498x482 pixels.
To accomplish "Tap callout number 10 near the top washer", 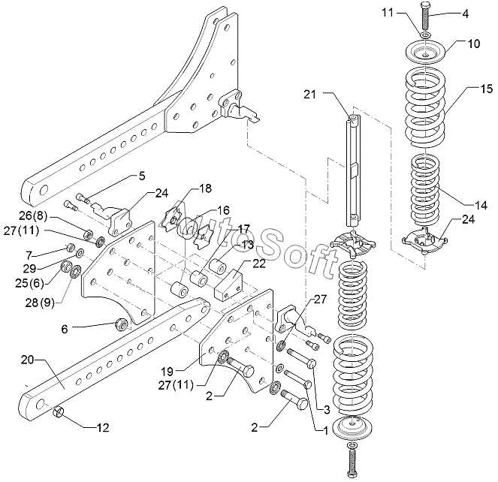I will click(x=474, y=44).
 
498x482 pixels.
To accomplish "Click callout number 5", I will click(x=141, y=176).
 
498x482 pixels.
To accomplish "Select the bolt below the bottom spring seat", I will click(x=354, y=457).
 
